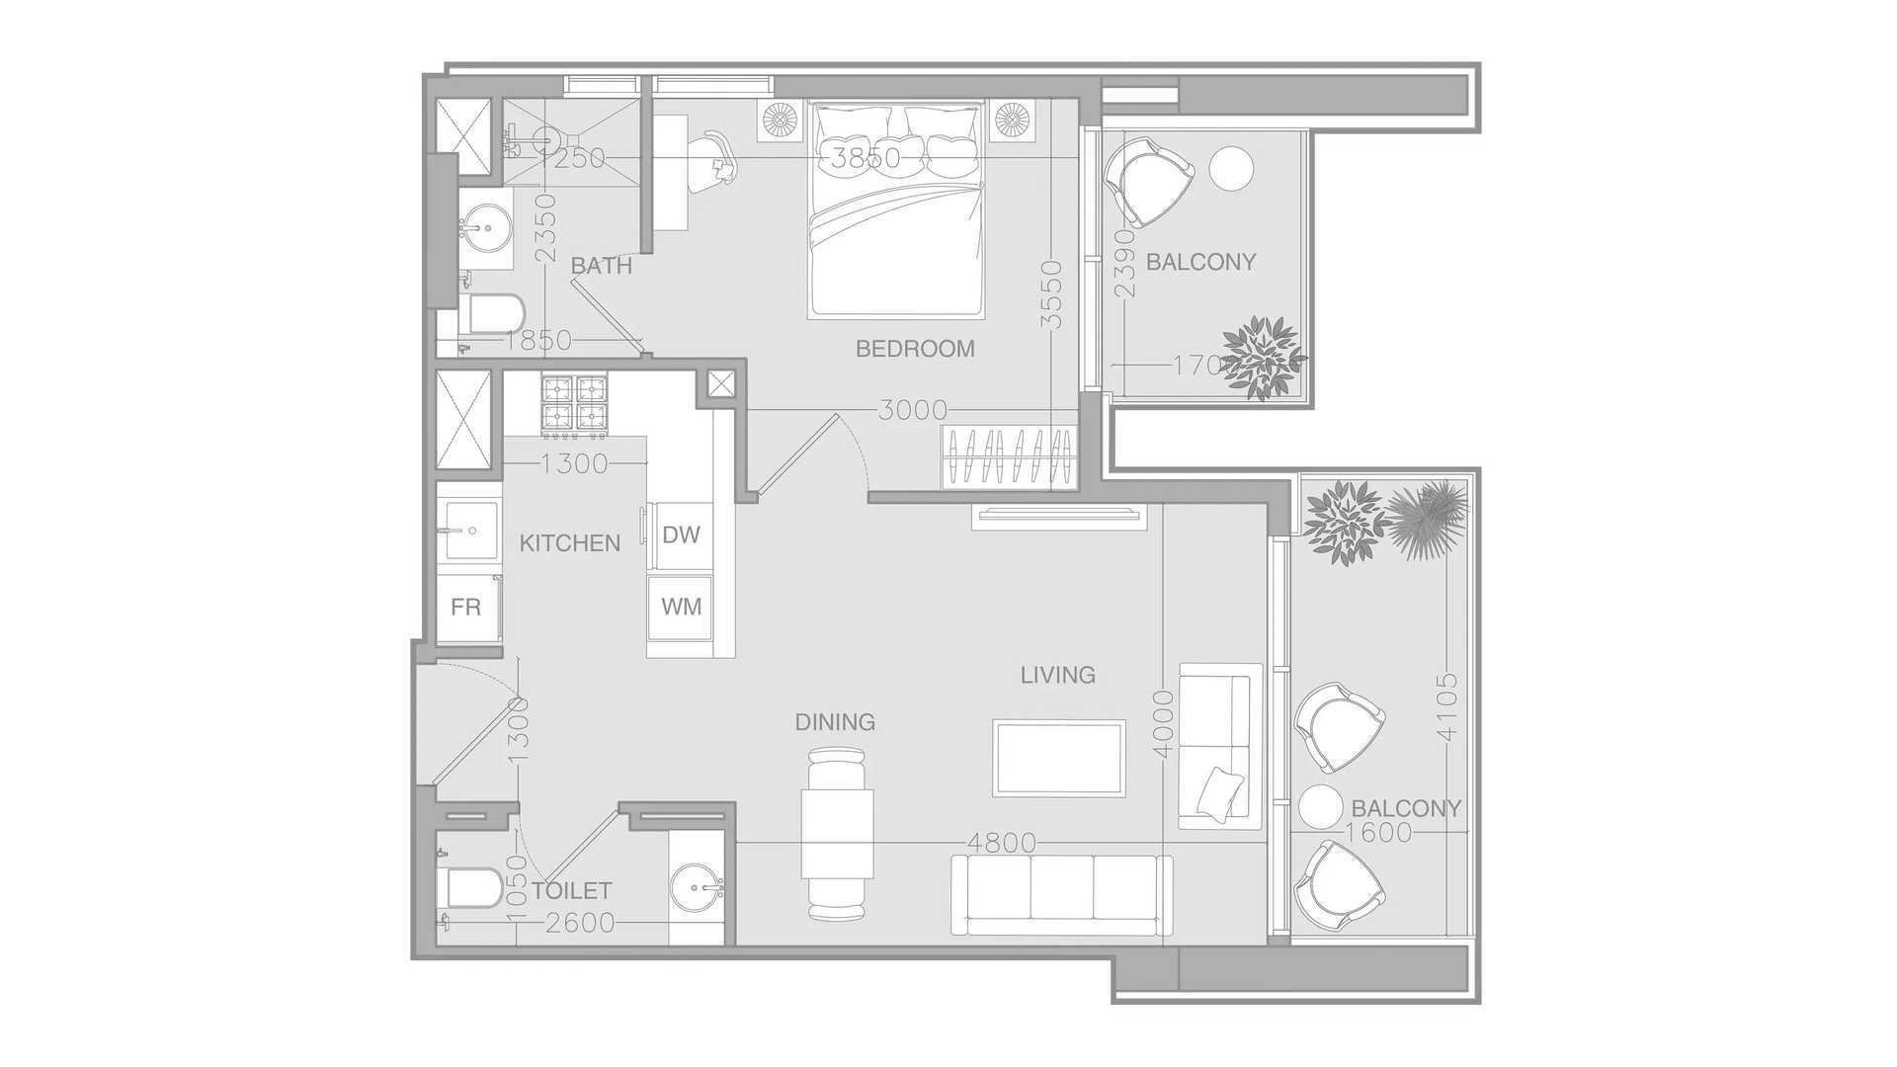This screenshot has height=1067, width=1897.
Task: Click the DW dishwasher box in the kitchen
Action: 681,534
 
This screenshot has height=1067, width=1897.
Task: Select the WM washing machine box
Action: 681,606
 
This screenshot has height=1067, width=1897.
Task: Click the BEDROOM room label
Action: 915,349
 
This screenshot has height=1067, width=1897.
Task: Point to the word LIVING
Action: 1058,675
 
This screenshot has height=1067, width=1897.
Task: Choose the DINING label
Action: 835,722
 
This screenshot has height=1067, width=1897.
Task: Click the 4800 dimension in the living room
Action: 1002,843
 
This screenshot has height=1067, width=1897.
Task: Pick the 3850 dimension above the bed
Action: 866,158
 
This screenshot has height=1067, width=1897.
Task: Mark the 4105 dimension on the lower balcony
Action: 1447,707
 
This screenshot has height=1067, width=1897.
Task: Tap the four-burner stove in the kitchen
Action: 574,406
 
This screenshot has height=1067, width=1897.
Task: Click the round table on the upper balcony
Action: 1232,169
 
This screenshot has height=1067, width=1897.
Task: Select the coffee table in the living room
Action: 1059,758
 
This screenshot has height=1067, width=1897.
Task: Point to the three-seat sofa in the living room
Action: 1062,895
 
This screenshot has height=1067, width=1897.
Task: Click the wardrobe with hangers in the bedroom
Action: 1009,456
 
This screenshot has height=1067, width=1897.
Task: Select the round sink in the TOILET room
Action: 699,886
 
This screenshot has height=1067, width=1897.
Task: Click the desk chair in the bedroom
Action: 713,158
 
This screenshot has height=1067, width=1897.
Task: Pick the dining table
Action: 838,834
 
